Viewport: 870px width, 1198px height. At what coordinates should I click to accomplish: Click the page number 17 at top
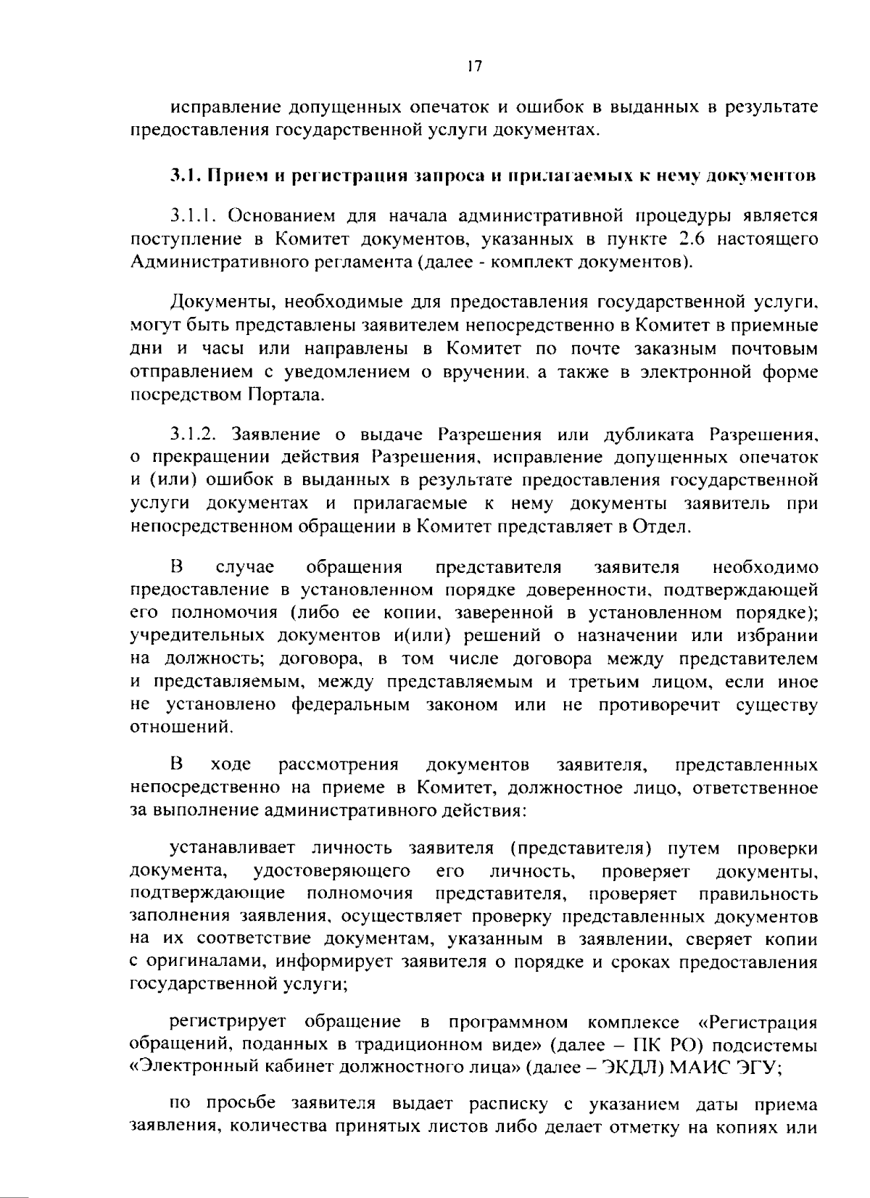474,66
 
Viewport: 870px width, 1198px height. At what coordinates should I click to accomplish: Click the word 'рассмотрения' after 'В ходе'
339,765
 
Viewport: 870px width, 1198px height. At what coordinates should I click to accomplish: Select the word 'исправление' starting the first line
225,109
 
